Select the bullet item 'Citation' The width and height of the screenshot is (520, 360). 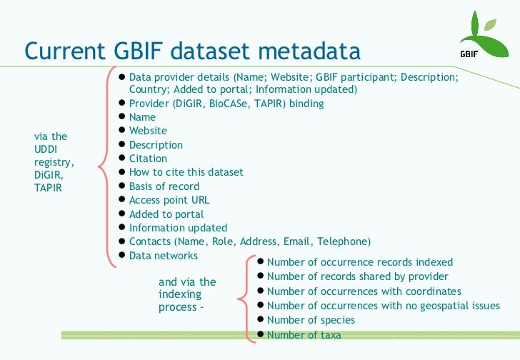pyautogui.click(x=148, y=159)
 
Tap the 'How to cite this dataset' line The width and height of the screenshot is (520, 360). pyautogui.click(x=186, y=172)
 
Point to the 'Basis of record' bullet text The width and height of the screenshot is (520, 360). pyautogui.click(x=164, y=186)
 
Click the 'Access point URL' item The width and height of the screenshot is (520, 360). pyautogui.click(x=169, y=200)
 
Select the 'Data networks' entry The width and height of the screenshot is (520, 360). pyautogui.click(x=163, y=256)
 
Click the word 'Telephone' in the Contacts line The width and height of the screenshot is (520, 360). pyautogui.click(x=342, y=241)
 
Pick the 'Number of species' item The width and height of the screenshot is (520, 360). pyautogui.click(x=311, y=320)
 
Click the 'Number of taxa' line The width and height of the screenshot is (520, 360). pyautogui.click(x=304, y=334)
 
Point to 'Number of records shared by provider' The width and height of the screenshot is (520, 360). pyautogui.click(x=357, y=276)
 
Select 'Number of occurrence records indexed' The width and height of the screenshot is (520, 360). pyautogui.click(x=359, y=262)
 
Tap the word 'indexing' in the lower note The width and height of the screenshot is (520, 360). pyautogui.click(x=180, y=294)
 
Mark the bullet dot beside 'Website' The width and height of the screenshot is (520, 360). pyautogui.click(x=122, y=131)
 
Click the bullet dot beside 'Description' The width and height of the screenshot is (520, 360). pyautogui.click(x=122, y=144)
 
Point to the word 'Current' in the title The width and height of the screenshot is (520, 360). pyautogui.click(x=64, y=51)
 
